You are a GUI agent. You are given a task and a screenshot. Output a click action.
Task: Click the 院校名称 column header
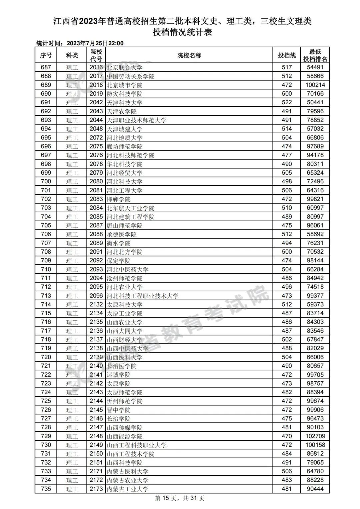[x=189, y=55]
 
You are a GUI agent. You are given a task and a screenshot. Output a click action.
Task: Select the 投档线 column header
[x=287, y=55]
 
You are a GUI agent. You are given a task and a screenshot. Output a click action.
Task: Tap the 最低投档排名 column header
[x=315, y=55]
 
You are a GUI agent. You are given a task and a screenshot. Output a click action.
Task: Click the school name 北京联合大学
[x=125, y=67]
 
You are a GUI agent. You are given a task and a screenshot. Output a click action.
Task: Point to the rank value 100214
[x=315, y=85]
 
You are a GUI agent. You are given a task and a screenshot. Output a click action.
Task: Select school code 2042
[x=96, y=103]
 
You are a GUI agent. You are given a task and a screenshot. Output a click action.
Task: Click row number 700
[x=46, y=182]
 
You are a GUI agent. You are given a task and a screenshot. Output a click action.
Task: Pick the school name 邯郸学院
[x=119, y=199]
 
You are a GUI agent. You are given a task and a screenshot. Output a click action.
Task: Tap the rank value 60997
[x=315, y=208]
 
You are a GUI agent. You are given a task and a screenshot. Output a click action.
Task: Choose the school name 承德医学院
[x=122, y=234]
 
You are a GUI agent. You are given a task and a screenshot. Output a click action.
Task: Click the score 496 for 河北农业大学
[x=287, y=287]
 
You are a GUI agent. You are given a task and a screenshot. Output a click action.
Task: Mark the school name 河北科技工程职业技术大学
[x=143, y=296]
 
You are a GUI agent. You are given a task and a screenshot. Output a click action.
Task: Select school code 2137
[x=96, y=340]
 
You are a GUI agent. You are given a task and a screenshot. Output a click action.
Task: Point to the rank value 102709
[x=315, y=436]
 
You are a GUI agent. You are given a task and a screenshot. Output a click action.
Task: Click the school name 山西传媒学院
[x=125, y=428]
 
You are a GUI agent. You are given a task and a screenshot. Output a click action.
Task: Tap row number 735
[x=46, y=489]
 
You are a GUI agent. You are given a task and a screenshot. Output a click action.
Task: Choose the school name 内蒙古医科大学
[x=128, y=472]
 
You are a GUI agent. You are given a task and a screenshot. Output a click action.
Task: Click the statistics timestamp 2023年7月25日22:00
[x=95, y=43]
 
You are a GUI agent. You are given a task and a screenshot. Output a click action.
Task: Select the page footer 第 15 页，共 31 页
[x=180, y=498]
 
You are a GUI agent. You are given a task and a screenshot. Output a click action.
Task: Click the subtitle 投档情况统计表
[x=182, y=32]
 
